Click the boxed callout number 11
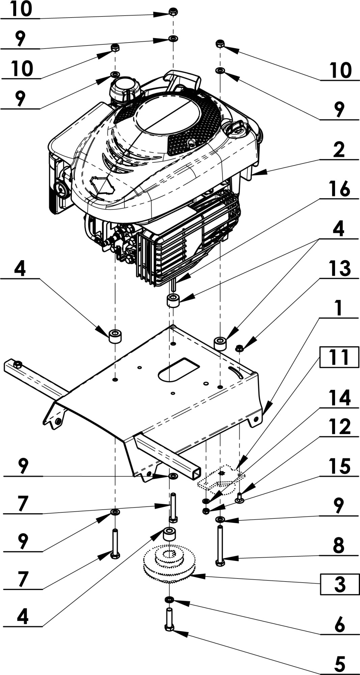click(339, 357)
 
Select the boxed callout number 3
click(339, 584)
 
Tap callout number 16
click(339, 189)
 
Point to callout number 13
click(339, 269)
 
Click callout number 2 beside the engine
click(339, 150)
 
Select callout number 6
click(339, 624)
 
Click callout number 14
click(339, 398)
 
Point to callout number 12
click(339, 427)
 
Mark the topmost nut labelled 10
click(173, 12)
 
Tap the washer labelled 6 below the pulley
click(169, 599)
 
